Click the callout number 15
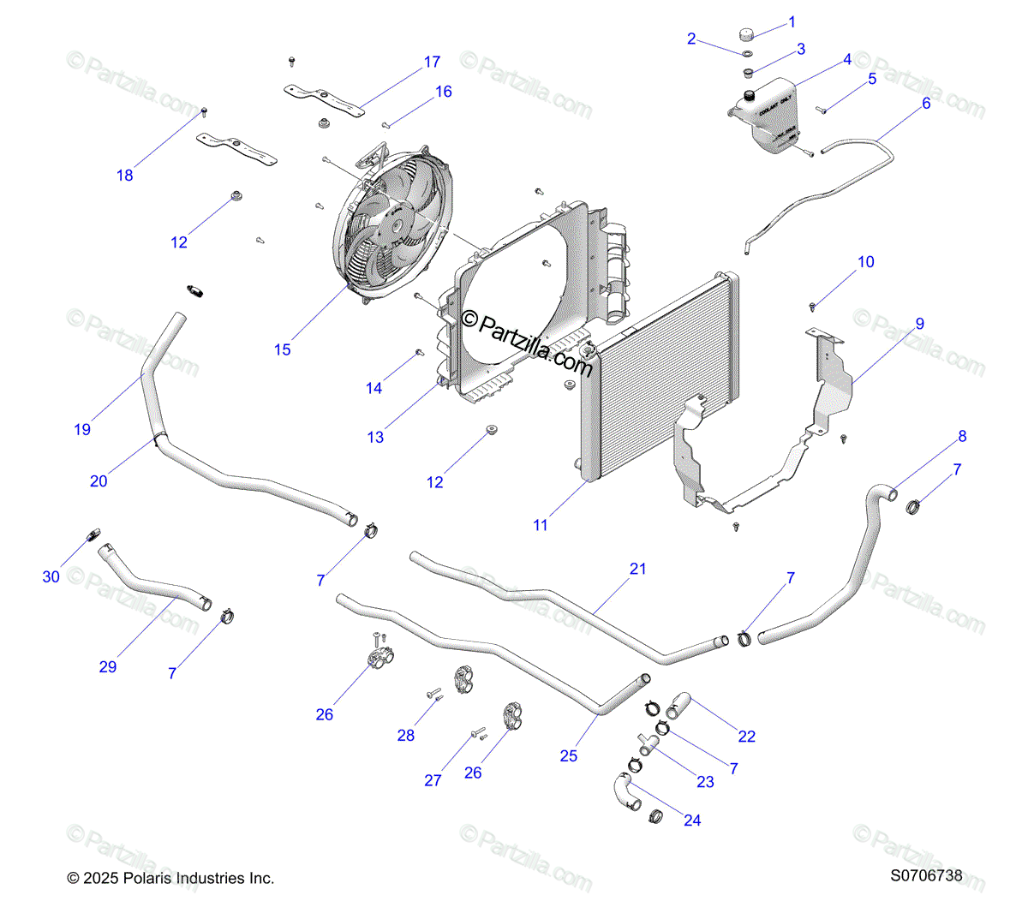[x=283, y=349]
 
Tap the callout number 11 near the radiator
[x=541, y=525]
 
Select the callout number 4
[x=847, y=60]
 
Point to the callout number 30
[x=51, y=577]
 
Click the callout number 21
[x=638, y=569]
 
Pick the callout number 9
[x=920, y=324]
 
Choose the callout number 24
[x=692, y=821]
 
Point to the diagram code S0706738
[x=926, y=876]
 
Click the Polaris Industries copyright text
[x=171, y=878]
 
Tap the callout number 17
[x=433, y=62]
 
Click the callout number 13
[x=375, y=437]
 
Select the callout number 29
[x=108, y=666]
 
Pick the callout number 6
[x=926, y=104]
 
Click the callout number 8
[x=962, y=436]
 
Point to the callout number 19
[x=82, y=429]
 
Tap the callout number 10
[x=866, y=262]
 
